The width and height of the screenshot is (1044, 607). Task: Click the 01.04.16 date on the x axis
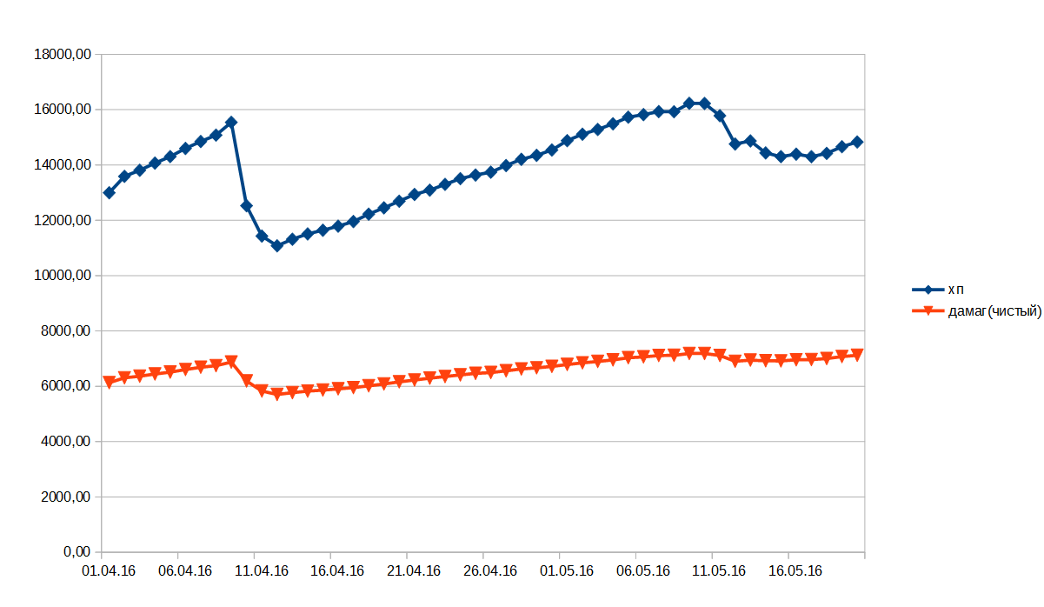108,571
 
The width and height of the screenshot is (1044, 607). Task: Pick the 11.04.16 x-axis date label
261,571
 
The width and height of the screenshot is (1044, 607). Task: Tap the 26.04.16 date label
490,571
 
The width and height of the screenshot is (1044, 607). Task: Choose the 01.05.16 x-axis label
567,571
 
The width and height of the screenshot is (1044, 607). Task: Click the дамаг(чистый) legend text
994,311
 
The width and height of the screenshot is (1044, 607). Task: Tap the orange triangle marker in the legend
928,311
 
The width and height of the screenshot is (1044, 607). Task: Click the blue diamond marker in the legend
928,290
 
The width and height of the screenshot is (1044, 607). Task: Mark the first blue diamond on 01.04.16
109,193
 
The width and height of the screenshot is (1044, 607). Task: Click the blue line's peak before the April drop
231,123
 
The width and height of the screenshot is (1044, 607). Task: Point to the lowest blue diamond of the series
277,246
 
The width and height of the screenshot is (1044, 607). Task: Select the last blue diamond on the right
857,142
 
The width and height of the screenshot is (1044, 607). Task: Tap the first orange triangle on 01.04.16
109,382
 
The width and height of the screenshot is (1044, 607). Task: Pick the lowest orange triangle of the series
277,394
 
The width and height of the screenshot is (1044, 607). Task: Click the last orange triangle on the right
857,354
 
